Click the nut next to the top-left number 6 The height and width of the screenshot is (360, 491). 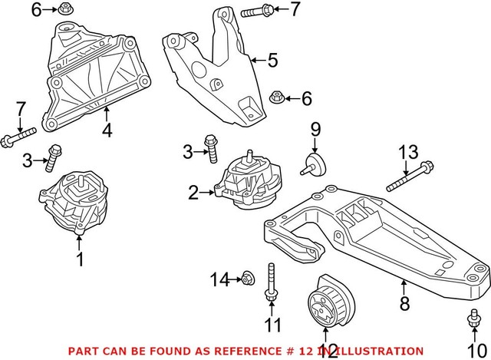point(66,10)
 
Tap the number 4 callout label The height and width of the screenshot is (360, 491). point(107,130)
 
